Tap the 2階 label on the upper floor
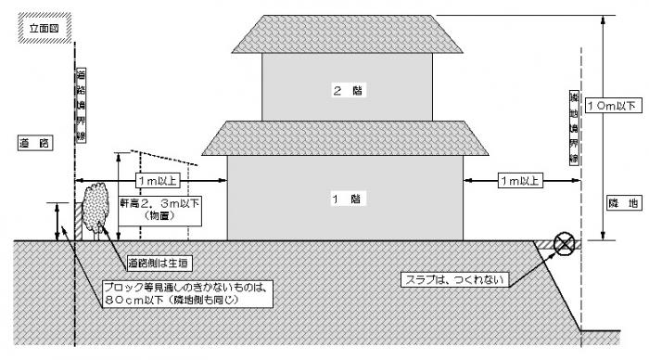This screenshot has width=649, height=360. [x=345, y=90]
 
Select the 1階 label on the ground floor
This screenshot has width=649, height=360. [x=345, y=199]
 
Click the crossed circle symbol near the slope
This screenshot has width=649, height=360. [x=563, y=244]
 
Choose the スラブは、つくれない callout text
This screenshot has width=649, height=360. [x=455, y=277]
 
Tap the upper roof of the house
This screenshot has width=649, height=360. [x=345, y=34]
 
